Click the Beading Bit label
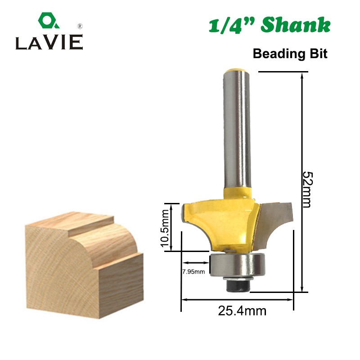click(x=290, y=54)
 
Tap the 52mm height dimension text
click(x=306, y=189)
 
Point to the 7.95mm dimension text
click(x=193, y=271)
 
